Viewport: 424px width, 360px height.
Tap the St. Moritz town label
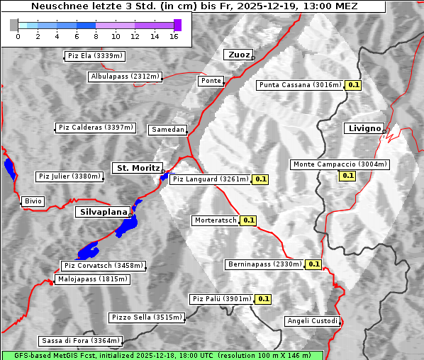tap(136, 168)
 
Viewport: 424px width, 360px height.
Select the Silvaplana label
tap(103, 212)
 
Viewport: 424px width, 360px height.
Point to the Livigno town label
tap(363, 128)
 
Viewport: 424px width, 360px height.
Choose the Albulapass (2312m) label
tap(125, 77)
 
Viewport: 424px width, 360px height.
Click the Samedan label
tap(167, 130)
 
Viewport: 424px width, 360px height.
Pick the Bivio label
tap(33, 201)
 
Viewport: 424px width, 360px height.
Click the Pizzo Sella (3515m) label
tap(146, 317)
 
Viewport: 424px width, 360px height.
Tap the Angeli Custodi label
tap(312, 321)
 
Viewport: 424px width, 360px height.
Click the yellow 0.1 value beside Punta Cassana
tap(354, 85)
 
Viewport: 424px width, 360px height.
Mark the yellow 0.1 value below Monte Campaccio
tap(347, 176)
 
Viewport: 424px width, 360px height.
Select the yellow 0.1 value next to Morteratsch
tap(248, 220)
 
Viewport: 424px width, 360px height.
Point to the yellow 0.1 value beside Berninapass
tap(314, 264)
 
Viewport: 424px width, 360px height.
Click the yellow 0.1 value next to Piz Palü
tap(262, 299)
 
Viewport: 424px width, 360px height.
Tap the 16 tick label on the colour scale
tap(174, 36)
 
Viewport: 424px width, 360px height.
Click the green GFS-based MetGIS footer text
tap(162, 355)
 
